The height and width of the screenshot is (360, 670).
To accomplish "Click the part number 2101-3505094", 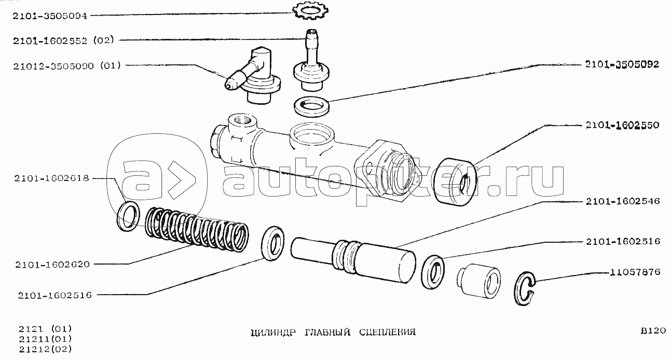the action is coord(50,16).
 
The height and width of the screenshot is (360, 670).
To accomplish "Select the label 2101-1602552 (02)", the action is coord(63,40).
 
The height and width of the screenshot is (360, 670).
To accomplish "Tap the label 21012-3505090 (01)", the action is coord(67,65).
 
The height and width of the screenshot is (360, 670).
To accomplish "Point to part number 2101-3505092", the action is coord(622,64).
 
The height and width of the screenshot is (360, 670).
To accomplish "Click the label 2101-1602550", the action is coord(622,125).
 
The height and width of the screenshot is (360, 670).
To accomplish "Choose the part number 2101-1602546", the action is coord(623,201).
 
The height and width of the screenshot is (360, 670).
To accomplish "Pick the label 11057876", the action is coord(635,272).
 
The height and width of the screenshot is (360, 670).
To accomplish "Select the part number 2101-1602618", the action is coord(52,178).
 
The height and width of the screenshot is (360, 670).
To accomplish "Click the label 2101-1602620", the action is coord(52,265).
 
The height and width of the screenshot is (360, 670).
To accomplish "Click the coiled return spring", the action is coord(197,229).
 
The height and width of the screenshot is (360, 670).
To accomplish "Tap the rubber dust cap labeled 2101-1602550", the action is coord(456,182).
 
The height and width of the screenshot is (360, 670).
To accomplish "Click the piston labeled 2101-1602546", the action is coord(353,260).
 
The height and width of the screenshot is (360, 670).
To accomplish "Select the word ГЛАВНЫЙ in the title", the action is coord(327,332).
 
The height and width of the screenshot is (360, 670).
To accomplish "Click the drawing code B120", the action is coord(653,331).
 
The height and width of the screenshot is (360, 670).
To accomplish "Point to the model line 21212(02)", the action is coord(46,349).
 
